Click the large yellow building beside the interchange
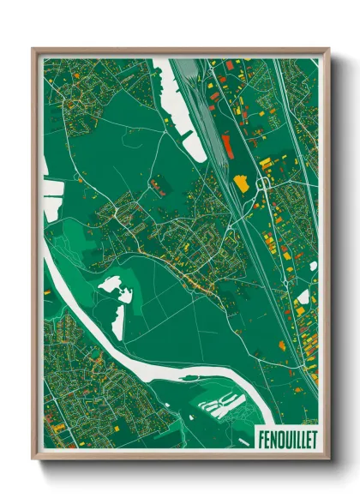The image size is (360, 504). [242, 183]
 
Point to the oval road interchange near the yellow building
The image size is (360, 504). [265, 183]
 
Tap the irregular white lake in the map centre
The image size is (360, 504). [114, 290]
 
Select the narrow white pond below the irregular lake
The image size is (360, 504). [118, 322]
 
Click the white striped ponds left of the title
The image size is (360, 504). [221, 404]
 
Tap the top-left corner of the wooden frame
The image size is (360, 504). [33, 50]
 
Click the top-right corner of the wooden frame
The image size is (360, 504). [327, 50]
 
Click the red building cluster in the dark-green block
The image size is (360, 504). [158, 183]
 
